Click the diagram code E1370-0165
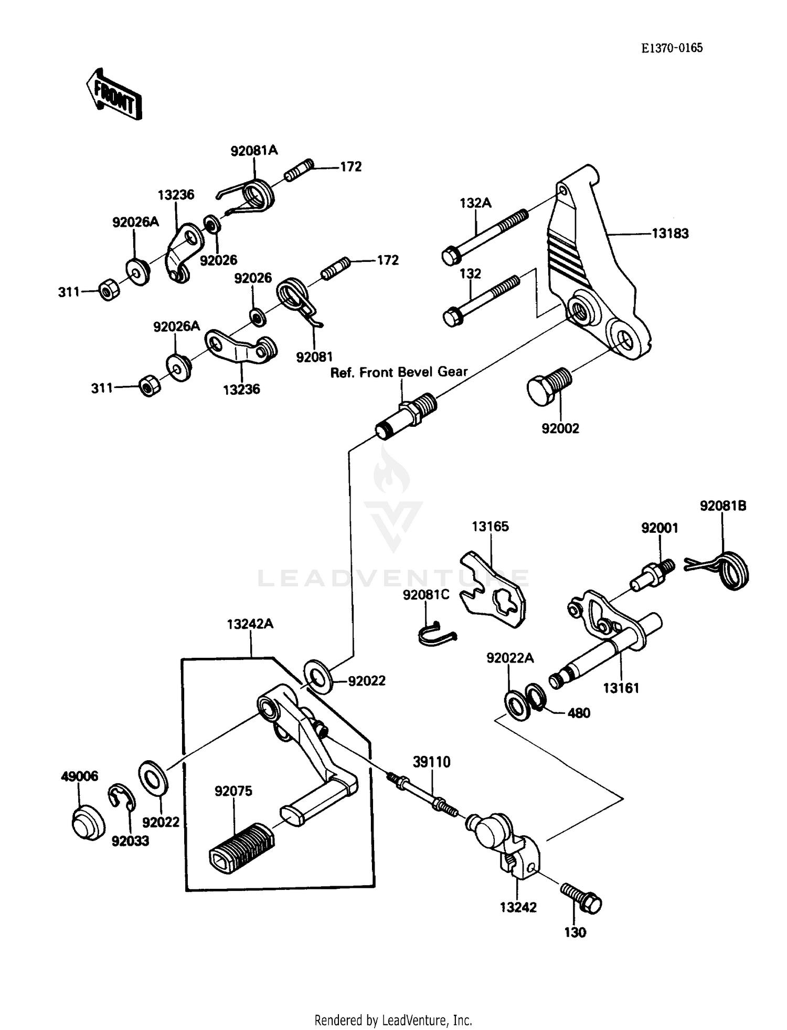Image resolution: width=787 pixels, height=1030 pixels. point(672,48)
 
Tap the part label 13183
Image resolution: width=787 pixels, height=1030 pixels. point(670,234)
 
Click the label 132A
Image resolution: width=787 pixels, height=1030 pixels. point(475,203)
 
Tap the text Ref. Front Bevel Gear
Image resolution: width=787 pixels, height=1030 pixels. point(399,372)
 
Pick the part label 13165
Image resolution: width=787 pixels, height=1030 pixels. point(490,527)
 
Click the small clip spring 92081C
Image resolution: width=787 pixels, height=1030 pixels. point(435,633)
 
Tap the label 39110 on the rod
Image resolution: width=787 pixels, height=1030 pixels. point(431,762)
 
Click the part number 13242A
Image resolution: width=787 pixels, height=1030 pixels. point(250,624)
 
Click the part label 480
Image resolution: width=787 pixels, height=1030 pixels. point(579,713)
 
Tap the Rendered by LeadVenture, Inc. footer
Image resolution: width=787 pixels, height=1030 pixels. point(393,1020)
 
